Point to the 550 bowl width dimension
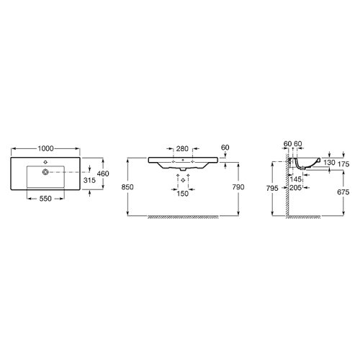(47, 197)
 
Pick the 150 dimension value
(182, 193)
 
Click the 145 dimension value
(296, 179)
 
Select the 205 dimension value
(294, 188)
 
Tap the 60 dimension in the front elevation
(225, 147)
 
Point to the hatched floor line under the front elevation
(184, 215)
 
